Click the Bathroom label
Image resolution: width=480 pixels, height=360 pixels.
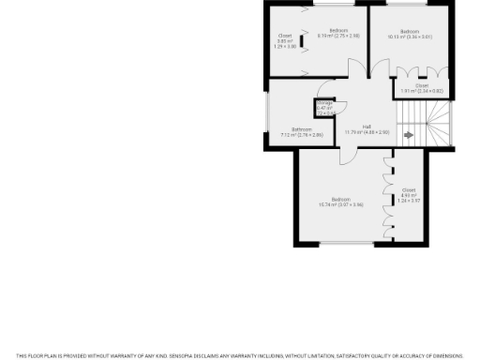[302, 131]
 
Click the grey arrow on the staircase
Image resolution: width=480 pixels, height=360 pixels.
[409, 135]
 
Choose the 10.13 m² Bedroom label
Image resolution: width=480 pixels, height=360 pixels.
[410, 34]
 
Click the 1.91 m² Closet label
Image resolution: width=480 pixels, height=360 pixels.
[422, 88]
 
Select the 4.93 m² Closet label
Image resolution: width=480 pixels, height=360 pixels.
[408, 196]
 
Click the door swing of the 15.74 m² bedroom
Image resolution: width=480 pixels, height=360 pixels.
[349, 157]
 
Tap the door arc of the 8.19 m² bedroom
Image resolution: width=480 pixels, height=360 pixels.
[357, 69]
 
